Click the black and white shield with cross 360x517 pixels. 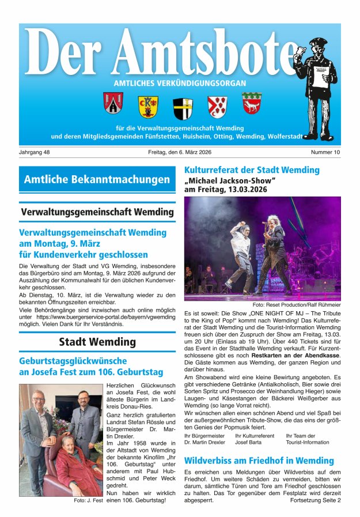[x=183, y=108]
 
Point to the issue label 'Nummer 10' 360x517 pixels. [x=325, y=152]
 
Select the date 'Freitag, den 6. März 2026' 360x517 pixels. [x=180, y=152]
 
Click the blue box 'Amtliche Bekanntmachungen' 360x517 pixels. [x=97, y=180]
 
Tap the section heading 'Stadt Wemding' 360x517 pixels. [x=97, y=342]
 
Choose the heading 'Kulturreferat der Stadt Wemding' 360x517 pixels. [x=252, y=170]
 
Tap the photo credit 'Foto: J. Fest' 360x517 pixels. [x=88, y=500]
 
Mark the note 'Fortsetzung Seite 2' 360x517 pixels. [x=316, y=500]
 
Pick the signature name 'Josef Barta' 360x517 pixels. [x=249, y=443]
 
